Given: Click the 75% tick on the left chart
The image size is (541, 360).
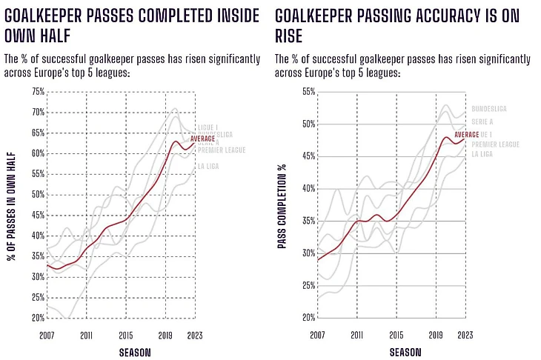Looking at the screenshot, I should pyautogui.click(x=36, y=92).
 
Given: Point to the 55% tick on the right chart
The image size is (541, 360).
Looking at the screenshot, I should pyautogui.click(x=308, y=92).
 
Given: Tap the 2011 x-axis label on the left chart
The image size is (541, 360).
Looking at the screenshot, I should pyautogui.click(x=86, y=335).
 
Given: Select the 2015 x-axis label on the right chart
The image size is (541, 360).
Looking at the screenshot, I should pyautogui.click(x=396, y=335).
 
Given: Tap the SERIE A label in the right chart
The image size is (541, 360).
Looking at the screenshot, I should pyautogui.click(x=482, y=122).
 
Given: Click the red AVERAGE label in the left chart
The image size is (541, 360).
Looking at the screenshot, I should pyautogui.click(x=202, y=139).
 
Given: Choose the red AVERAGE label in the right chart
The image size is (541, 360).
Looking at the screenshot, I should pyautogui.click(x=467, y=133).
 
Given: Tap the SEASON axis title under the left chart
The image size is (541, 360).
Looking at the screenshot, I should pyautogui.click(x=134, y=353).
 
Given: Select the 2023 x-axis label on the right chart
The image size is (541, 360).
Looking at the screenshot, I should pyautogui.click(x=465, y=335).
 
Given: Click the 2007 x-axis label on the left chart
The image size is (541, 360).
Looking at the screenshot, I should pyautogui.click(x=46, y=335).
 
